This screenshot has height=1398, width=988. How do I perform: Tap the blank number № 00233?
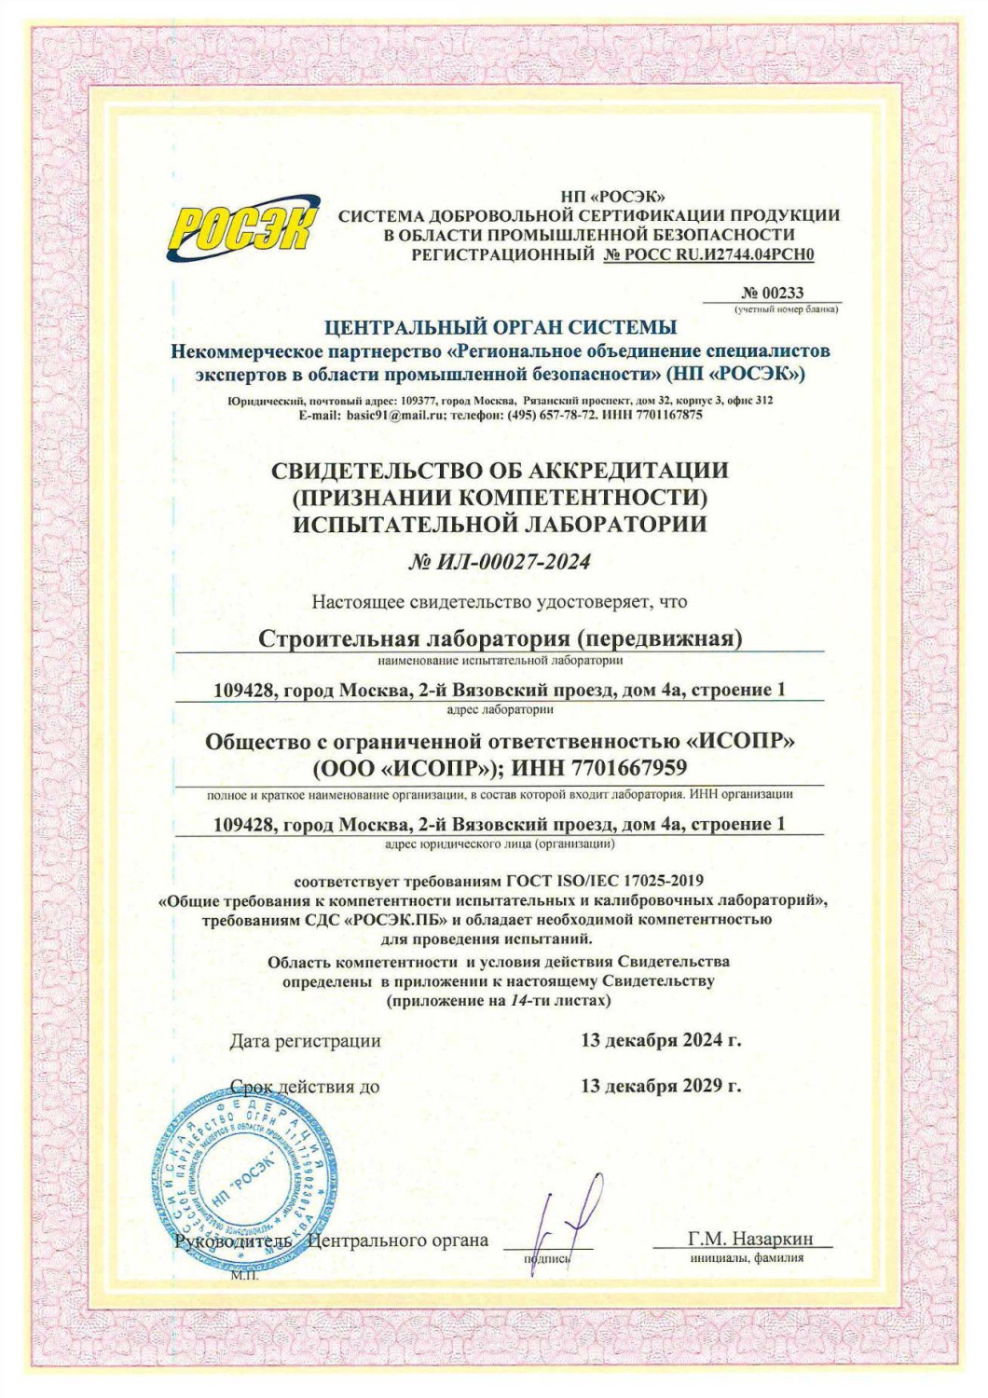pos(772,293)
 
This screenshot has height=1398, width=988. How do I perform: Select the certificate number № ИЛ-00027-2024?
pos(500,561)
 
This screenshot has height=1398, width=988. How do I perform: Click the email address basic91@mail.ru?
pos(396,415)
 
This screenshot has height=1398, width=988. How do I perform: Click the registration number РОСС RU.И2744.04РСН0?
pos(708,254)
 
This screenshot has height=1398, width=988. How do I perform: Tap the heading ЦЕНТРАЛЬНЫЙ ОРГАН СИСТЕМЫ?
pos(501,327)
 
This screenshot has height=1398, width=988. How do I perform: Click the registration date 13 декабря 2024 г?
pos(661,1040)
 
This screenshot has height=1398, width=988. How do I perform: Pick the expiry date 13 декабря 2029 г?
pos(661,1086)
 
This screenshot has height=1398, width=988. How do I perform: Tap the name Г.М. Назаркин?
pos(750,1239)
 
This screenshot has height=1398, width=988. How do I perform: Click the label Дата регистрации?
pos(305,1041)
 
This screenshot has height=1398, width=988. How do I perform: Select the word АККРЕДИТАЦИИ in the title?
pos(620,470)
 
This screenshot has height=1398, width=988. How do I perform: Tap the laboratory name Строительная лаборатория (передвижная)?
pos(500,638)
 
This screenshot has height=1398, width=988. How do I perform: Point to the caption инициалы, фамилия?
pos(747,1257)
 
